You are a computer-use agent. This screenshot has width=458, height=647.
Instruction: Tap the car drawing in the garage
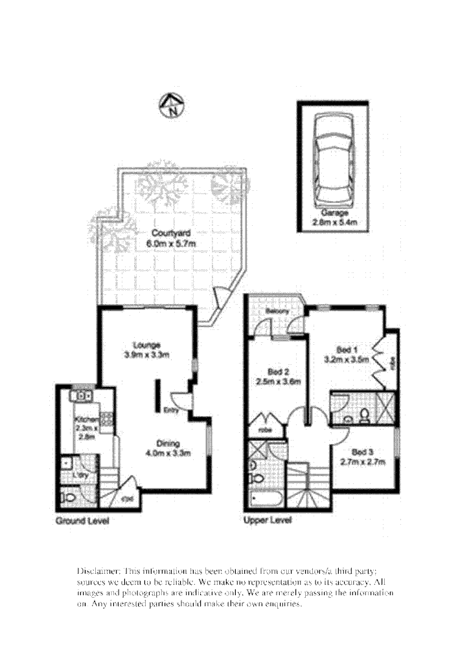(332, 159)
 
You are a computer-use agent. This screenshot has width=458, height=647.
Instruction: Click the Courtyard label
(166, 233)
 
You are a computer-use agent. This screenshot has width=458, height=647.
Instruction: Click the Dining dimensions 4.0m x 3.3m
(167, 453)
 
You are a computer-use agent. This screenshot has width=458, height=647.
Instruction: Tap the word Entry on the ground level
(170, 410)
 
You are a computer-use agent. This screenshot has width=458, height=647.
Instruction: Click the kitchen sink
(84, 395)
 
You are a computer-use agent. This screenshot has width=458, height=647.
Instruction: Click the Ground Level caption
(82, 521)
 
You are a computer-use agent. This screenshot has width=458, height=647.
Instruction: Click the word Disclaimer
(97, 571)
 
